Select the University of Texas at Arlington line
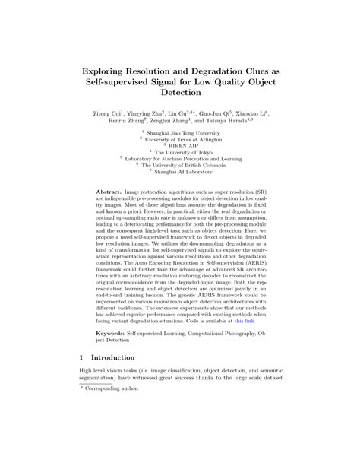click(x=185, y=139)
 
